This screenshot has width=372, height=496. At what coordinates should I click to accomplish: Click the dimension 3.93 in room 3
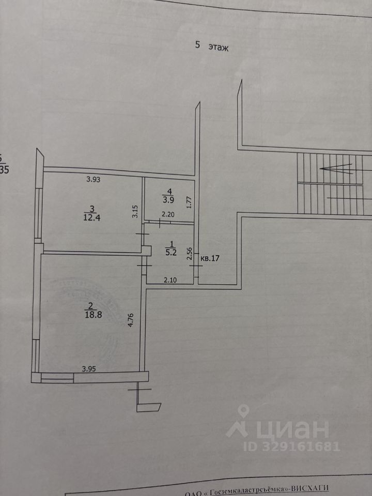(x=94, y=180)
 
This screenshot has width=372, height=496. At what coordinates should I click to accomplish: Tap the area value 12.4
(x=92, y=218)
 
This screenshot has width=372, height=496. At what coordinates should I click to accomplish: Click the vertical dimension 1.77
(x=190, y=200)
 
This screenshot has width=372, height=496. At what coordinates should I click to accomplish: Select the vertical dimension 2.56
(x=190, y=253)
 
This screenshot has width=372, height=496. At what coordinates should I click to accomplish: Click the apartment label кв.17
(x=210, y=258)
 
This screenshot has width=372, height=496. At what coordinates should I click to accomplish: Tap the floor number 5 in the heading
(x=197, y=45)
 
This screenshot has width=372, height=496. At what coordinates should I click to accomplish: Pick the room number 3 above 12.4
(x=92, y=209)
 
